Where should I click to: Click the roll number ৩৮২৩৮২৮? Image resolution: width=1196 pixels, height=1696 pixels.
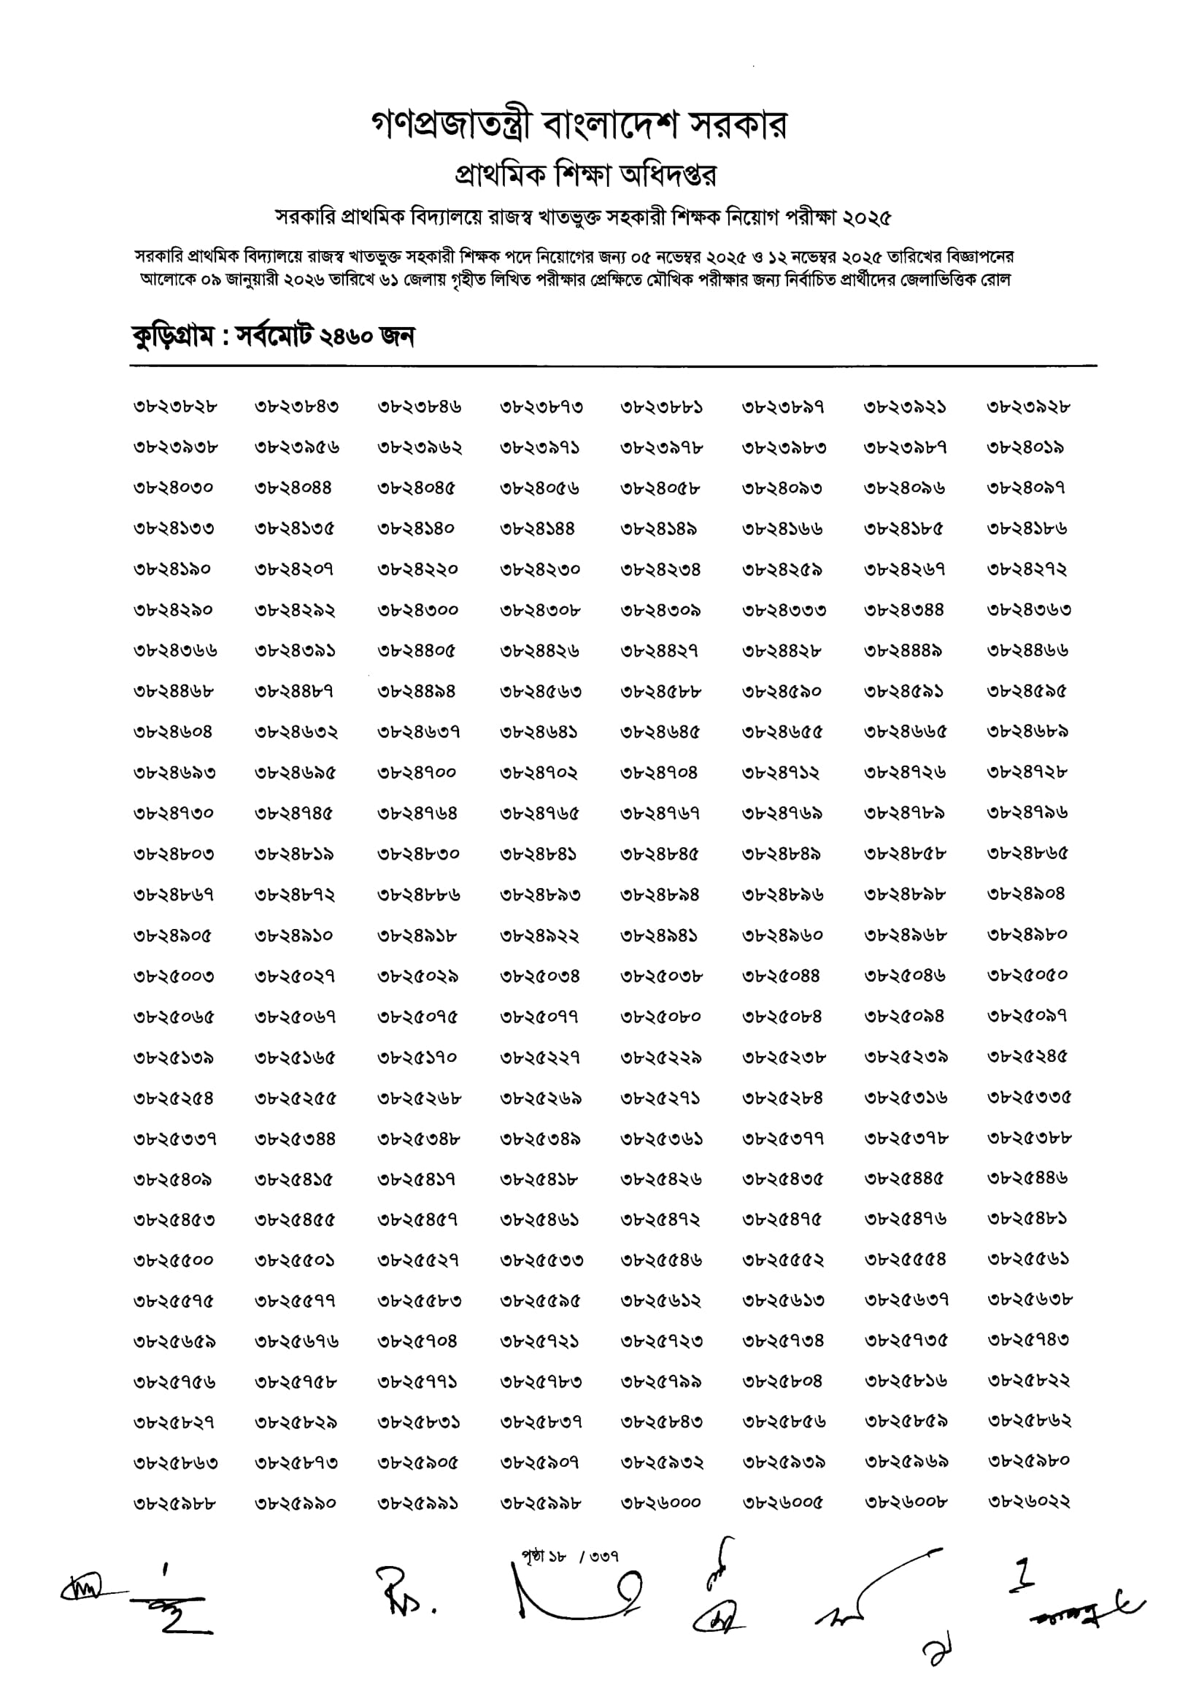click(175, 407)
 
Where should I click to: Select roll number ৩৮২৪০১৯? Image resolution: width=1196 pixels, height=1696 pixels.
click(1025, 447)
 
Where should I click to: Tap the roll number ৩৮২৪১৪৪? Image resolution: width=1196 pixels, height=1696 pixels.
click(537, 529)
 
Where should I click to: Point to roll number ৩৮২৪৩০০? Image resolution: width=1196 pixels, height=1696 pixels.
click(418, 610)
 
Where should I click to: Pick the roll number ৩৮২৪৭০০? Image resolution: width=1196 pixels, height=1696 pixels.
click(418, 773)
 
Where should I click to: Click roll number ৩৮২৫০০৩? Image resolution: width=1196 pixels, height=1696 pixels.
click(175, 976)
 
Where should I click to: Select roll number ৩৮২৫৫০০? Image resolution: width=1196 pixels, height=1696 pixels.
click(175, 1260)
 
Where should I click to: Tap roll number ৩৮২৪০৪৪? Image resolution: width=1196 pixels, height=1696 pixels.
click(293, 488)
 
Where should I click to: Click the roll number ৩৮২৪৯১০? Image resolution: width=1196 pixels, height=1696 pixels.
click(294, 936)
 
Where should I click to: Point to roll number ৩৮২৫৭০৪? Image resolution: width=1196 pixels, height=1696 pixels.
click(418, 1341)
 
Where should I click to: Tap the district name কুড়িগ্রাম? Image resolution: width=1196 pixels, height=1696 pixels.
click(174, 337)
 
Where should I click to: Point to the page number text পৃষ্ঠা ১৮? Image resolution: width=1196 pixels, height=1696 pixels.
click(544, 1557)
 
